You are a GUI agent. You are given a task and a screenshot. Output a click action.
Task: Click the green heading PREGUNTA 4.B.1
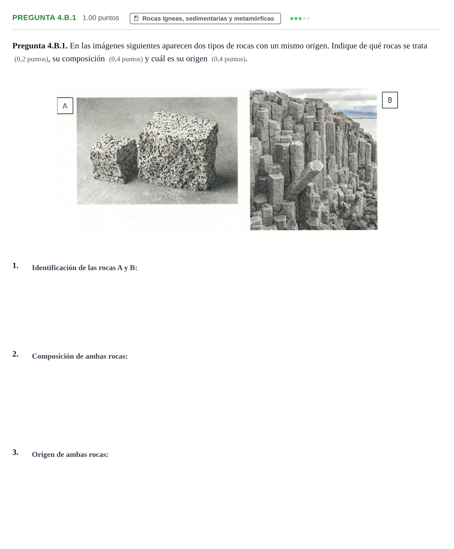click(44, 18)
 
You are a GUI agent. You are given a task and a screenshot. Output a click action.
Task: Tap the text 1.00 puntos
click(101, 18)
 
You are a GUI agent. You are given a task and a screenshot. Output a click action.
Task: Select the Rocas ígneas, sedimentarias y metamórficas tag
click(205, 19)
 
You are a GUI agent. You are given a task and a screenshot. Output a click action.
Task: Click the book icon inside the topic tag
click(136, 18)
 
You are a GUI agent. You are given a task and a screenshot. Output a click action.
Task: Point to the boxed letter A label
click(65, 106)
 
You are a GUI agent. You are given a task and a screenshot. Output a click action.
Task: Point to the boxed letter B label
click(390, 100)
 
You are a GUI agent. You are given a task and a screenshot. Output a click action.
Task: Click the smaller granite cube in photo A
click(113, 159)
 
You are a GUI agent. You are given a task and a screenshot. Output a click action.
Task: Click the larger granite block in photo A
click(178, 150)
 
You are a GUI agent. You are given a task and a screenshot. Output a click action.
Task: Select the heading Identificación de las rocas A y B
click(84, 268)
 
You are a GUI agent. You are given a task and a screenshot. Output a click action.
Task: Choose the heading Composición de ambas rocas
click(80, 356)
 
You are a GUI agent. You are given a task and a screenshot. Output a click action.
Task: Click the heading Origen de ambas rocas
click(70, 454)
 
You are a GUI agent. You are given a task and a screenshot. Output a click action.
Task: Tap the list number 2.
click(15, 354)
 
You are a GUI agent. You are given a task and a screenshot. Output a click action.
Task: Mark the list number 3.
click(15, 452)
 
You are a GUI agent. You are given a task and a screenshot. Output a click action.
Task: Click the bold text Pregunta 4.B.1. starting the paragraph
click(40, 46)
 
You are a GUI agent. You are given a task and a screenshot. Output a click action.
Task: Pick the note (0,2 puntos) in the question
click(31, 59)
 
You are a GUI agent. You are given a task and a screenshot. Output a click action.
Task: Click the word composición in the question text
click(83, 59)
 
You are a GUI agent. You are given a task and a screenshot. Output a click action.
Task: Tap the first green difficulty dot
click(292, 19)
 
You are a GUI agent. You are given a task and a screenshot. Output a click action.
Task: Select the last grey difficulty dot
click(308, 19)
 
